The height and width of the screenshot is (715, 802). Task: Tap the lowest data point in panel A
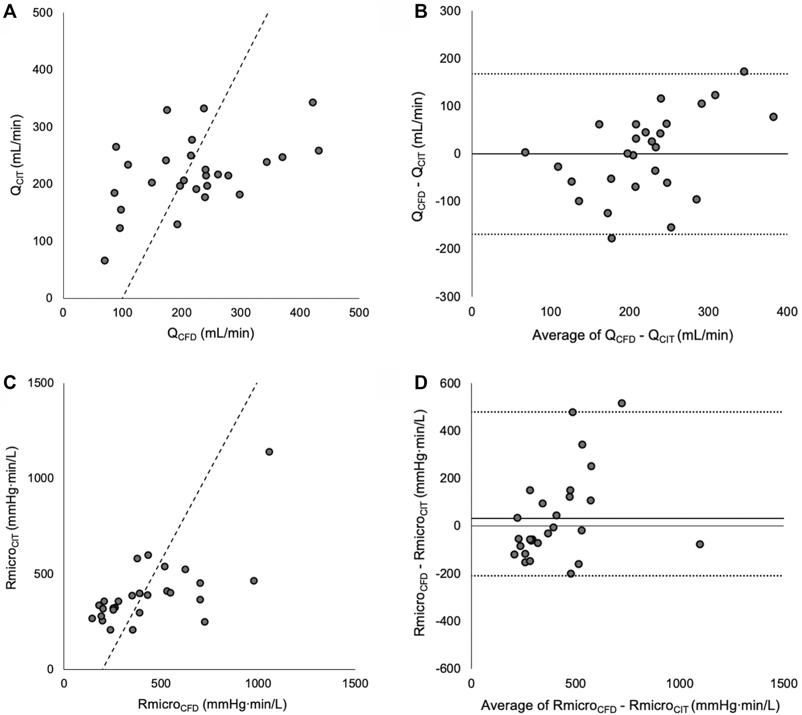tap(105, 261)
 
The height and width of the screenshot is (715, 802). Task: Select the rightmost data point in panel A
tap(319, 151)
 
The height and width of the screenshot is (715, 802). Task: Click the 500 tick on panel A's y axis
tap(42, 13)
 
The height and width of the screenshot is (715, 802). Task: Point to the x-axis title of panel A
tap(211, 334)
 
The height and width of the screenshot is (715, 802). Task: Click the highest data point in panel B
tap(744, 71)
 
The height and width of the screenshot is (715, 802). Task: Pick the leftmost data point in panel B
tap(525, 152)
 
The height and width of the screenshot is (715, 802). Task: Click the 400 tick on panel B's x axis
tap(787, 312)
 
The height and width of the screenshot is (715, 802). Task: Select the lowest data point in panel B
tap(612, 238)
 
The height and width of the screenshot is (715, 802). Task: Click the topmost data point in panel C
tap(269, 452)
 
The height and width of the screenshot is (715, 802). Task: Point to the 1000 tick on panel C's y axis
tap(41, 478)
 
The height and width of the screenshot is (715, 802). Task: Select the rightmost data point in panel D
tap(699, 544)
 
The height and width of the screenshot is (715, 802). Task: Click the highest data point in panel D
tap(621, 403)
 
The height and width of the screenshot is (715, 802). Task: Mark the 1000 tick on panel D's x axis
tap(680, 684)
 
